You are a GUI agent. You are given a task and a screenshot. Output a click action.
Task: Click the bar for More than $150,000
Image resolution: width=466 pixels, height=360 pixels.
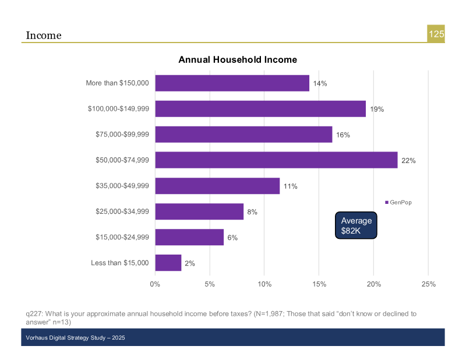click(232, 83)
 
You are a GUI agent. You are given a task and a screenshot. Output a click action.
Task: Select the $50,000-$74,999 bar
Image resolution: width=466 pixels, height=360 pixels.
click(276, 160)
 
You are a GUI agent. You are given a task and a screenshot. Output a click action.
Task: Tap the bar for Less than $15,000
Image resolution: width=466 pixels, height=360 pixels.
click(168, 263)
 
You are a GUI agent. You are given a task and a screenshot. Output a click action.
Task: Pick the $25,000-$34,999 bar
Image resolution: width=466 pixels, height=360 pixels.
click(199, 211)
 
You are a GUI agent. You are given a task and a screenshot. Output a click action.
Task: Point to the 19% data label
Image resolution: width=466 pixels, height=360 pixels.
click(377, 109)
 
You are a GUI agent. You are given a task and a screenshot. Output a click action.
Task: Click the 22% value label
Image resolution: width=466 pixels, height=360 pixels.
click(408, 160)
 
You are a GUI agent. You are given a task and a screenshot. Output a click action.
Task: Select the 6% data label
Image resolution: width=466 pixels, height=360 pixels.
click(232, 238)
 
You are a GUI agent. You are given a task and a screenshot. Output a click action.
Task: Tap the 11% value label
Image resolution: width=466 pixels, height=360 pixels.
click(291, 186)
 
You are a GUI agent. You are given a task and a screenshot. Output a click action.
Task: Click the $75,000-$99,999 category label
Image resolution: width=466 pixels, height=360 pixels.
click(122, 135)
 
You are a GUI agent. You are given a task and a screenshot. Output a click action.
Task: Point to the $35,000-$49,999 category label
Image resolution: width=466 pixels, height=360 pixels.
click(122, 186)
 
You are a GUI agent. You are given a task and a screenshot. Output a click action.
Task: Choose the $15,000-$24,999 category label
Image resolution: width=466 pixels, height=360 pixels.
click(122, 237)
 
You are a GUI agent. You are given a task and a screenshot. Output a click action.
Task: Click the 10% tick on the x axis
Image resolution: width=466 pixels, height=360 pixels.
click(264, 284)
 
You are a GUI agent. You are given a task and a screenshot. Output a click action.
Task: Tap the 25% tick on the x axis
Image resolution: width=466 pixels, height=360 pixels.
click(428, 284)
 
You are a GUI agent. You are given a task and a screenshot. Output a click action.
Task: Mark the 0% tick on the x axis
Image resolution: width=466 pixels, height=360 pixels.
click(155, 284)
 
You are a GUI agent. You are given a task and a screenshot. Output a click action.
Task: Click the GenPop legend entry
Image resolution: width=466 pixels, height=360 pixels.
click(398, 202)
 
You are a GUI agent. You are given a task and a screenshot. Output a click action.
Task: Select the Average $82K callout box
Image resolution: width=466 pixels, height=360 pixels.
click(356, 225)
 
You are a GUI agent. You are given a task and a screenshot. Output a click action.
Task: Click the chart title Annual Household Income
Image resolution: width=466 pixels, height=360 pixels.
click(238, 60)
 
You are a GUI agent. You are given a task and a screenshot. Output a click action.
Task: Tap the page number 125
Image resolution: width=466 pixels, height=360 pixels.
click(436, 34)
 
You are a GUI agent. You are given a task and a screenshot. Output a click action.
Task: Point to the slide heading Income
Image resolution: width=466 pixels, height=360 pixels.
click(44, 36)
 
